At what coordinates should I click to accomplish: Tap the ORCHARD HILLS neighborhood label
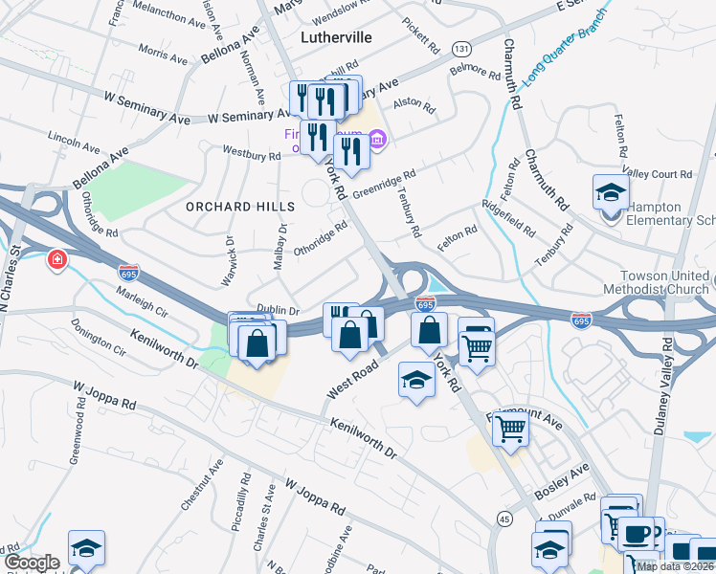[234, 207]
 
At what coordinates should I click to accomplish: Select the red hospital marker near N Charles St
[57, 259]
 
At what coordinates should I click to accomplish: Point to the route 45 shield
[504, 518]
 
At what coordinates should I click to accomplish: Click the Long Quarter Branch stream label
[564, 46]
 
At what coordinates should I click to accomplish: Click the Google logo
[32, 563]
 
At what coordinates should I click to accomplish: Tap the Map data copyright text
[675, 566]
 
